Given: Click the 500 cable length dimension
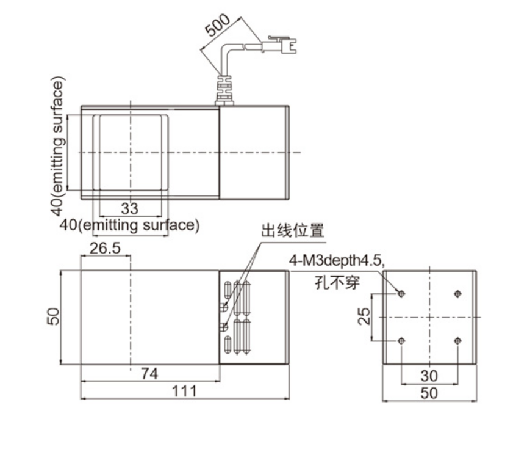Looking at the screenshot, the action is [218, 25].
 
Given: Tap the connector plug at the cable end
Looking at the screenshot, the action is [279, 45].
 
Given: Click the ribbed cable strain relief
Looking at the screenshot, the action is [224, 90].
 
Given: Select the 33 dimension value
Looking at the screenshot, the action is [130, 208].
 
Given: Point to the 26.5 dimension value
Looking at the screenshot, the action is [105, 249].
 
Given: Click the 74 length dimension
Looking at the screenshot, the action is [149, 374].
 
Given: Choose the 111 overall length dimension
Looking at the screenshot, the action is [185, 391].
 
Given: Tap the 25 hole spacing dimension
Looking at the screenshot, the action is [364, 316].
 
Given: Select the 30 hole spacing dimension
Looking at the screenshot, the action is [429, 376].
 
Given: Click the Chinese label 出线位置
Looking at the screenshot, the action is [293, 231].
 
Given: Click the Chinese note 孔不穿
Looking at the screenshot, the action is [337, 282].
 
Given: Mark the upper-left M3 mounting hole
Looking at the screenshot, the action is [401, 294].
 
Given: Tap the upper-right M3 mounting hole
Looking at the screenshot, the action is [457, 294].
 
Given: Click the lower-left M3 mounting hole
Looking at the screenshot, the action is [401, 341].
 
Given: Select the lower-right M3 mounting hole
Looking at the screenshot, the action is [457, 341].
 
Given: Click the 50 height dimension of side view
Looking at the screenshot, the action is [53, 316].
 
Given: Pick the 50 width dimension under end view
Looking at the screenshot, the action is [429, 393].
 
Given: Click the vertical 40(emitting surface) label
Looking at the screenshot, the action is [58, 146].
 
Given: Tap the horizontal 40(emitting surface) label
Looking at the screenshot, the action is [130, 225].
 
